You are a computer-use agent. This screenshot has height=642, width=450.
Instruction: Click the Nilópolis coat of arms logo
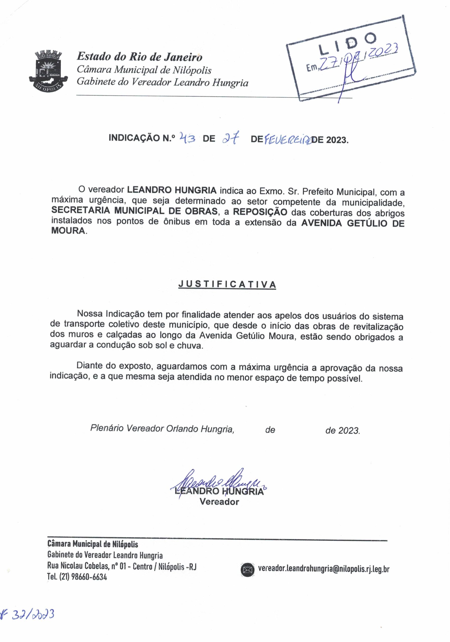[x=48, y=70]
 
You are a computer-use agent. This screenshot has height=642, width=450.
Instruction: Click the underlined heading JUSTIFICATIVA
[x=227, y=284]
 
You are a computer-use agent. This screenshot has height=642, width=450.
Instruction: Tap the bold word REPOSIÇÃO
[x=260, y=212]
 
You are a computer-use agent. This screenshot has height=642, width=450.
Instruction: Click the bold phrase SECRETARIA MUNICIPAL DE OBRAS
[x=134, y=211]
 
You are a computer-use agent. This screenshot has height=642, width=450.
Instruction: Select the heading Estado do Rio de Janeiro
[x=139, y=57]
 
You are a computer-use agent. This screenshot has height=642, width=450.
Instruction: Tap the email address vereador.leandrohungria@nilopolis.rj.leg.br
[x=324, y=569]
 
